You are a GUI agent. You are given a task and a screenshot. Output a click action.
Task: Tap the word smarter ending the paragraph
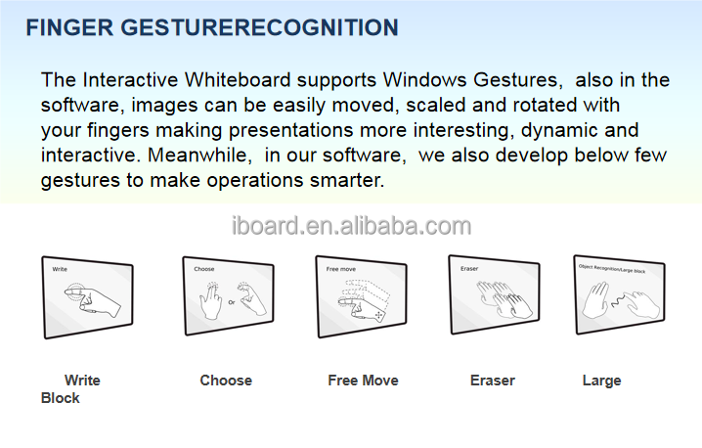(351, 181)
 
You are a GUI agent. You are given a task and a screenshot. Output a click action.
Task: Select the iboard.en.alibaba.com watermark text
(351, 227)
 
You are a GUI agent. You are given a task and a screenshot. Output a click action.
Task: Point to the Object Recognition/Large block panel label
(613, 267)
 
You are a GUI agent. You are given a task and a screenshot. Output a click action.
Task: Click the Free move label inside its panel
(341, 269)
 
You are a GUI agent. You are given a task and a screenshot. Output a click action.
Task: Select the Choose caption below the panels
(226, 381)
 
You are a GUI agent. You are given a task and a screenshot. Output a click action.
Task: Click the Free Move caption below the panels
(363, 381)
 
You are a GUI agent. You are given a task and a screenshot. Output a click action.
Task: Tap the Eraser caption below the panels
(493, 381)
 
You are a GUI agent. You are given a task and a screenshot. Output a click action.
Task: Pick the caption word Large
(601, 381)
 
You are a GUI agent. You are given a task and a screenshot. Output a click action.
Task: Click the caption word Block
(61, 398)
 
